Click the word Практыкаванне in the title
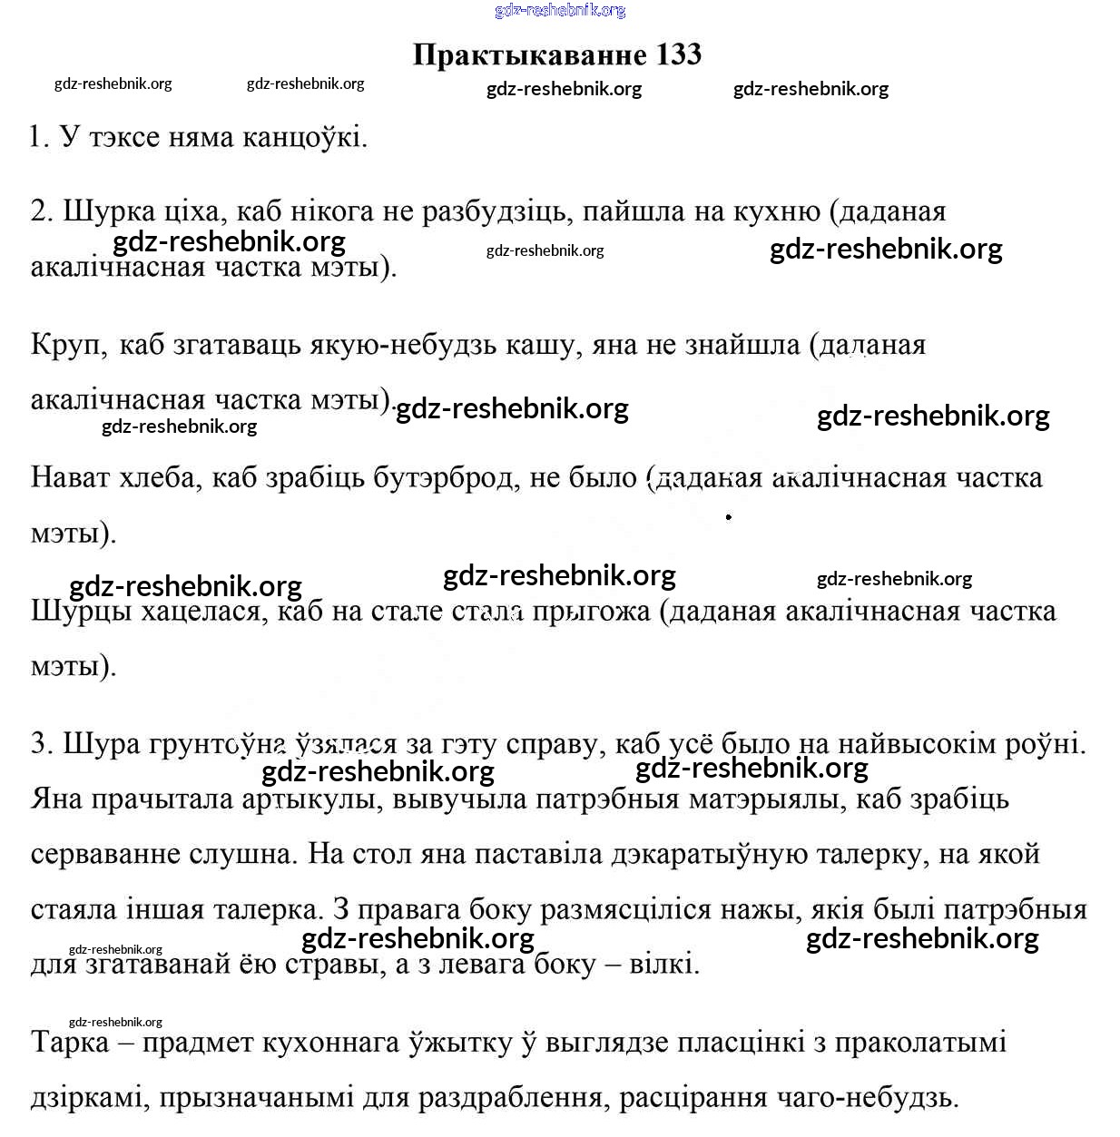pos(529,54)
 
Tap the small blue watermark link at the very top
pos(560,10)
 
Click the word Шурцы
pos(83,611)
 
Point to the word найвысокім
pos(917,744)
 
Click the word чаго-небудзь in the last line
pos(867,1098)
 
